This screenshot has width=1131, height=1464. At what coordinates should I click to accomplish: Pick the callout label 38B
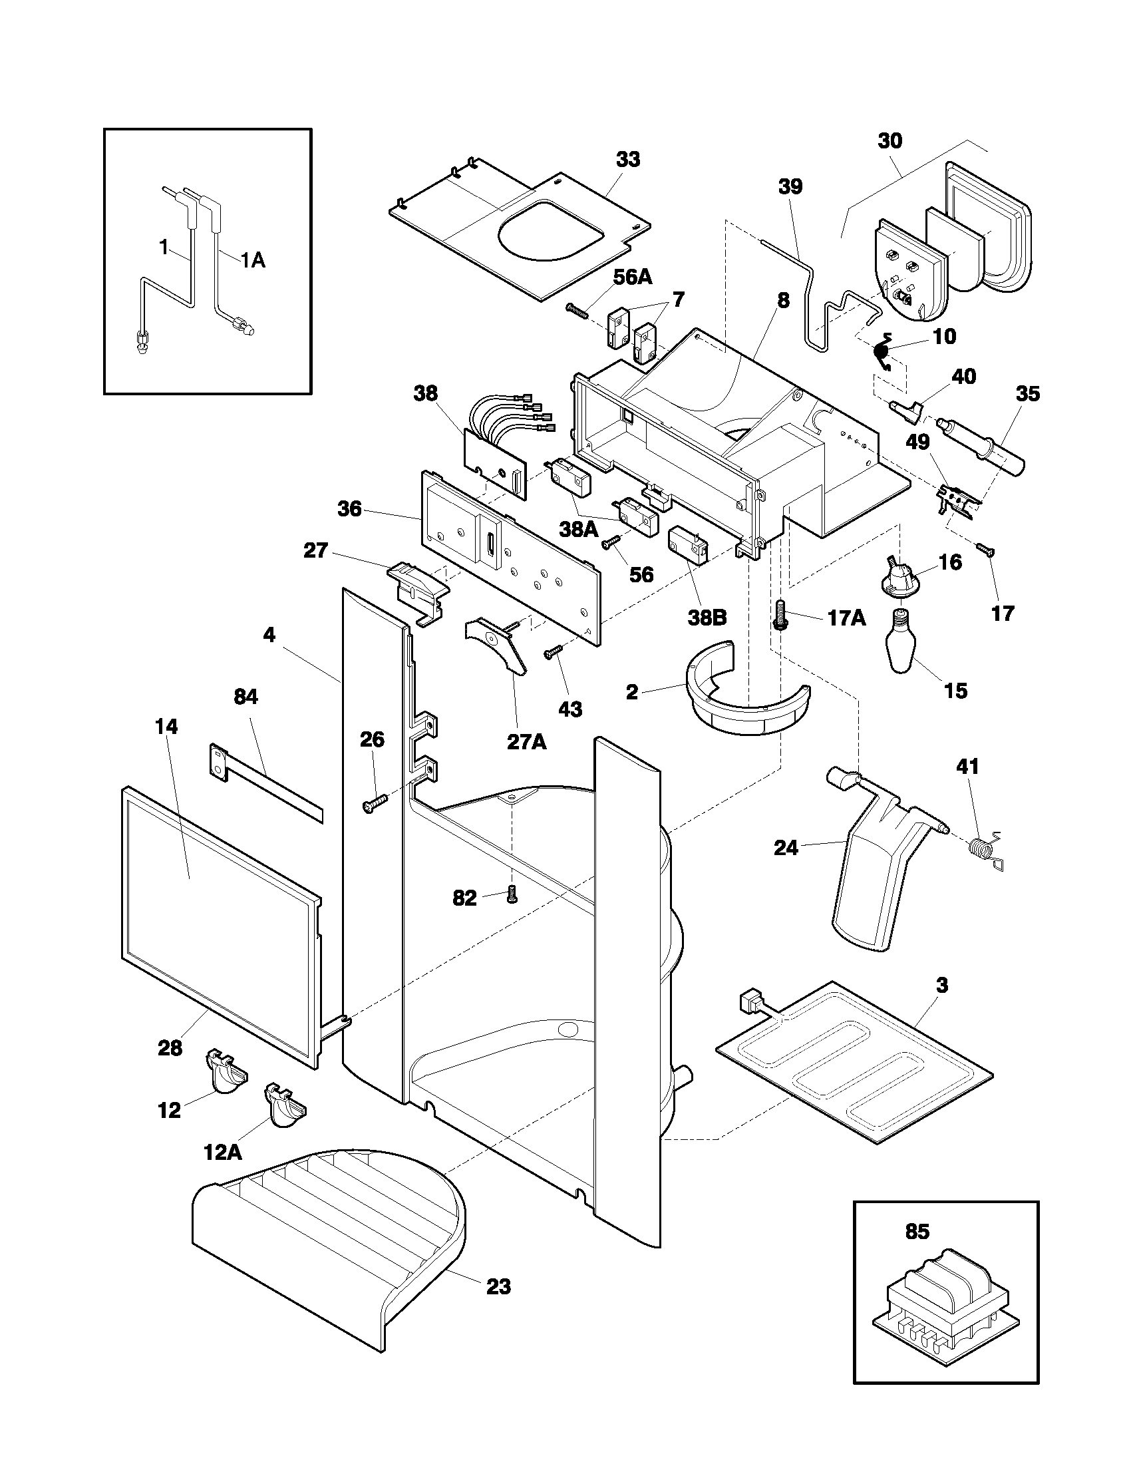pos(707,617)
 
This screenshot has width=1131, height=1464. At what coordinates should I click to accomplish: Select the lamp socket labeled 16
pos(900,576)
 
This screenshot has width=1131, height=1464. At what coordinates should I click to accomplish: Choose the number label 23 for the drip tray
pos(498,1287)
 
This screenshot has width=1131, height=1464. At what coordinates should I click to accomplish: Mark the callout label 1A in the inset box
pos(253,260)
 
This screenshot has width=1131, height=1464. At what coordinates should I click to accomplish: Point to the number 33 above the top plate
pos(628,159)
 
